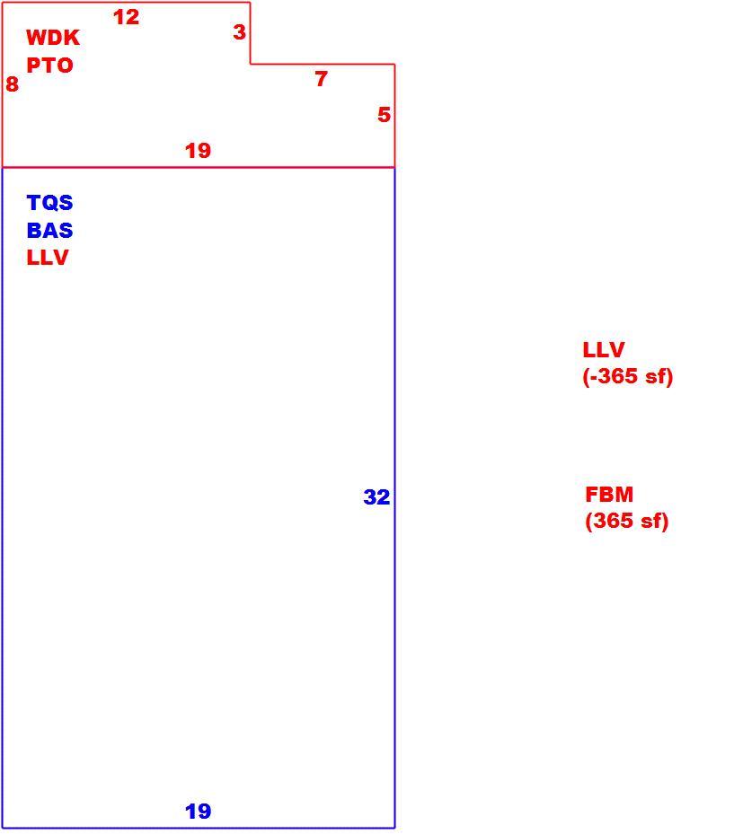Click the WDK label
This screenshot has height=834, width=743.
[x=53, y=37]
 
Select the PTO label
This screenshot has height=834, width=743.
[x=49, y=66]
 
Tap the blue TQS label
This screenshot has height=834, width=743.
[x=49, y=203]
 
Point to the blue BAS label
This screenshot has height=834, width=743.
[x=49, y=231]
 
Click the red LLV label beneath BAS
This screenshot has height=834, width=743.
[x=48, y=258]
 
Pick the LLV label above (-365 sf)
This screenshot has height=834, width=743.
[x=604, y=350]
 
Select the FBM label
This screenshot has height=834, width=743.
[x=609, y=495]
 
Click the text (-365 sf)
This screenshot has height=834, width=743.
[x=628, y=376]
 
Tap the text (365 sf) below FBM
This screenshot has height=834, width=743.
[x=626, y=520]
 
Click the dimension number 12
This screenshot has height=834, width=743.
[x=126, y=17]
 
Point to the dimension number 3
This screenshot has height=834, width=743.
[x=240, y=32]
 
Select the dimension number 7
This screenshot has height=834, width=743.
[x=321, y=79]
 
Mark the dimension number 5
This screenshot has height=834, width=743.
[x=385, y=115]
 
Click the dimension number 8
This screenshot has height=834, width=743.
[x=12, y=84]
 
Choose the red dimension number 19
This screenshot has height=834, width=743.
[x=198, y=151]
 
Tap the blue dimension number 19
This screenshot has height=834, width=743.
[x=198, y=812]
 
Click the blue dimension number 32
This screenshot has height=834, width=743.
[x=376, y=496]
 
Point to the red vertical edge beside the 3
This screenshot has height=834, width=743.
[x=250, y=33]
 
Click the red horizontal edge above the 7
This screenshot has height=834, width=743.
[x=323, y=65]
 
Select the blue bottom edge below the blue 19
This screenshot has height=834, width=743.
[x=199, y=828]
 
